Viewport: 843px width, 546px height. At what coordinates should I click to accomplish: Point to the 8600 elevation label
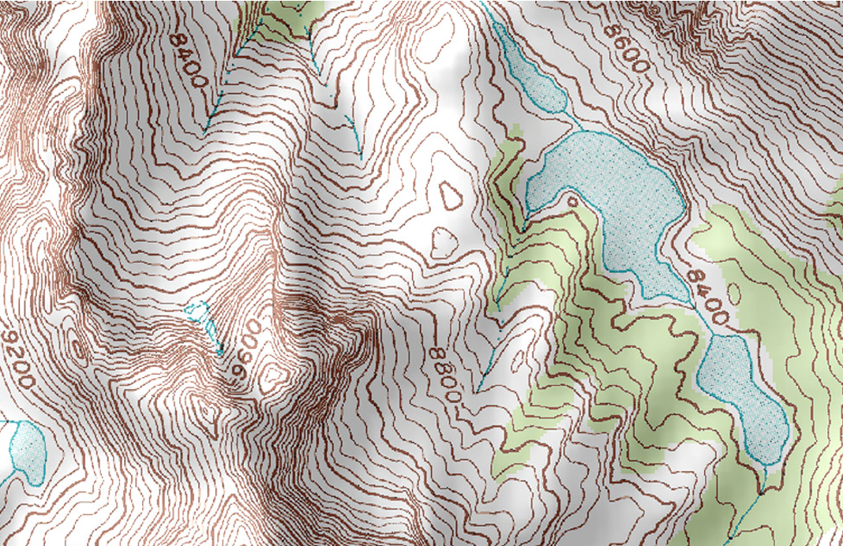(x=626, y=45)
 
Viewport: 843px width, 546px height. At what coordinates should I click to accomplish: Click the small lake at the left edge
(x=28, y=450)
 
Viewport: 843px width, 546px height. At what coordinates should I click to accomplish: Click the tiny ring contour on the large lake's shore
(x=571, y=201)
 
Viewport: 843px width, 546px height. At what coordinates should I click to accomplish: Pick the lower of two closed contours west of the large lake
(x=444, y=241)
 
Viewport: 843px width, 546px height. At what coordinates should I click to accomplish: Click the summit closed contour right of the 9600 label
(x=276, y=371)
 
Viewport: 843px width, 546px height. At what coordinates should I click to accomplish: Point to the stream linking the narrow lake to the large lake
(x=572, y=122)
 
